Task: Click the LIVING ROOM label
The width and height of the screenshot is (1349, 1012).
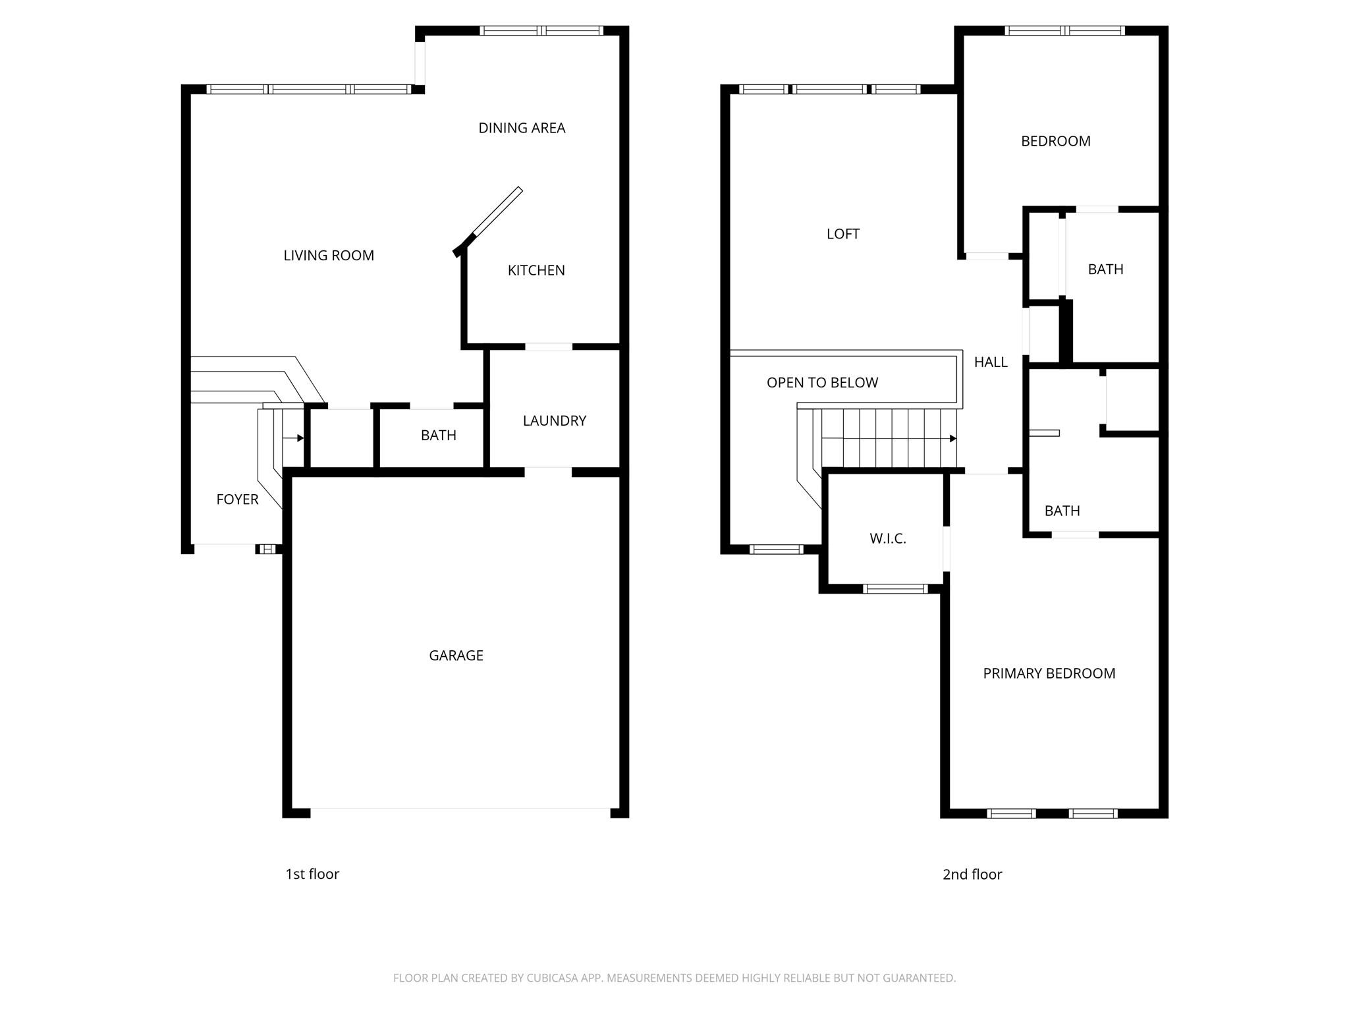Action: [x=329, y=256]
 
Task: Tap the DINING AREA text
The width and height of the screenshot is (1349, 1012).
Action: [x=522, y=128]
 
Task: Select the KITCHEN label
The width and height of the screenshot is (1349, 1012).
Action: [x=536, y=270]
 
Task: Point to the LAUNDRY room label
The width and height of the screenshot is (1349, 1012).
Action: [x=554, y=421]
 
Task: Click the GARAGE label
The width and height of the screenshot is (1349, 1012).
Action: [x=456, y=656]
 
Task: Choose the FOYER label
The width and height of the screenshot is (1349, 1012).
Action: [x=237, y=499]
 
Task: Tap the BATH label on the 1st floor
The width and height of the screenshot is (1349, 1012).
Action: [x=438, y=436]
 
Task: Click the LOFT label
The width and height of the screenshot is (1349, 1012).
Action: [x=842, y=234]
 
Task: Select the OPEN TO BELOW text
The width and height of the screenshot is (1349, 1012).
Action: [x=822, y=383]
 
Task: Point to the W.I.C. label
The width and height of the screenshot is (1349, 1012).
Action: [x=887, y=539]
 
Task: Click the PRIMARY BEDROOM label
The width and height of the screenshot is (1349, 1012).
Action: [x=1049, y=673]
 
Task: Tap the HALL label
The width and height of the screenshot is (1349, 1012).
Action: [x=991, y=362]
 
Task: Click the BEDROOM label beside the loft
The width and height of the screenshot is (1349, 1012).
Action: [x=1055, y=141]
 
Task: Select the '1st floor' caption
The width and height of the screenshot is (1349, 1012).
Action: [x=312, y=874]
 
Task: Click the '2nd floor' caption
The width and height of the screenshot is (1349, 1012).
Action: [x=972, y=874]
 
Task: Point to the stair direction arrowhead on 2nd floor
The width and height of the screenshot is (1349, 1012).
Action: [x=953, y=439]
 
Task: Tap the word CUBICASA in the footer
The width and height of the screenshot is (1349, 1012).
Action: [x=551, y=978]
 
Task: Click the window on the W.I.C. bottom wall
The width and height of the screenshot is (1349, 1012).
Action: [x=895, y=589]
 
